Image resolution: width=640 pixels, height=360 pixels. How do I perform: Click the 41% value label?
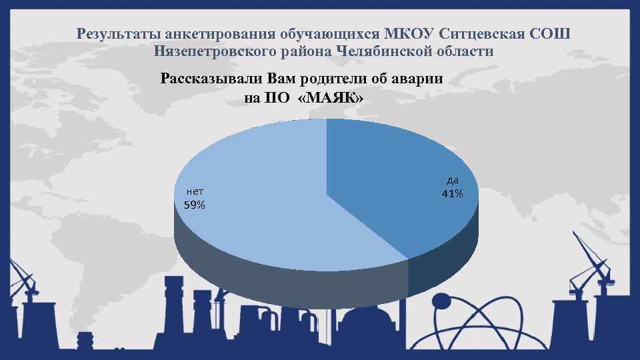(452, 194)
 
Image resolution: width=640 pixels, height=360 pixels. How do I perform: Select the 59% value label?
(195, 205)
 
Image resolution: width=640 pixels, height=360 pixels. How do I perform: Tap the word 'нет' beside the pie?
(195, 191)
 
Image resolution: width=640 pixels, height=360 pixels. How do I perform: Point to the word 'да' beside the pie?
(452, 180)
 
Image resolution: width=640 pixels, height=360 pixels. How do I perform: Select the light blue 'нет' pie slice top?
(267, 200)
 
